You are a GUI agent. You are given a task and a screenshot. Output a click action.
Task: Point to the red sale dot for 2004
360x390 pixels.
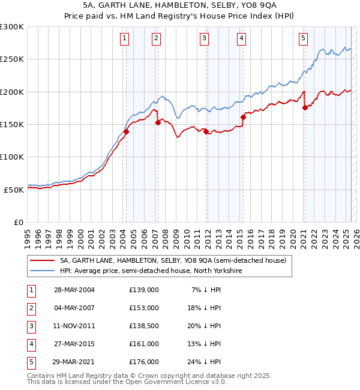click(127, 131)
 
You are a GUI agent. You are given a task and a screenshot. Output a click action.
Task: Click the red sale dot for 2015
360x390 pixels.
click(243, 117)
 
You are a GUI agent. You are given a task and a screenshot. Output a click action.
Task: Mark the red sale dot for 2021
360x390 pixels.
click(305, 107)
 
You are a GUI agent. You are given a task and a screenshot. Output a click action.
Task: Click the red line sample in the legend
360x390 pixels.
click(42, 261)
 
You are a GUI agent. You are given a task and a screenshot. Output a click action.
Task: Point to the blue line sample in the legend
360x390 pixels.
click(42, 271)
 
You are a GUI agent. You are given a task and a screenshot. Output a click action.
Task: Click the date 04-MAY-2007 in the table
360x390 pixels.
click(74, 308)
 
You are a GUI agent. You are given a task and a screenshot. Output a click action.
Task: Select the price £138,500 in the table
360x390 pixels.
click(143, 326)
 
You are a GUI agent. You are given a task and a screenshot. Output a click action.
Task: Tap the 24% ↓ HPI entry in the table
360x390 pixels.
click(203, 362)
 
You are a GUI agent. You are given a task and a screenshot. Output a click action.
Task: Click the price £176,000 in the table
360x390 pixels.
click(143, 362)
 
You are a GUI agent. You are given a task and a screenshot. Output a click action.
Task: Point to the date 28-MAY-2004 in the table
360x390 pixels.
click(74, 290)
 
